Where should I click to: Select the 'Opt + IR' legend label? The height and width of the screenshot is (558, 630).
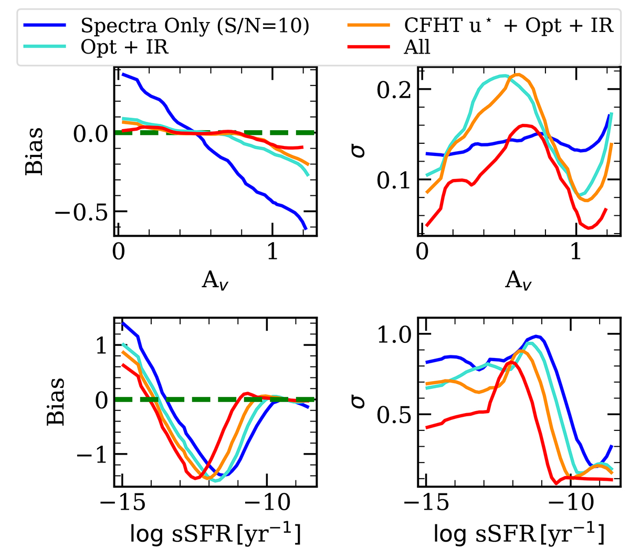[x=124, y=47]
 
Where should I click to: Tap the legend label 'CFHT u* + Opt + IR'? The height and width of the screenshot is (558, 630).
[x=508, y=25]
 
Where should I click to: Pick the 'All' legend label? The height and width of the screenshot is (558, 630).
[x=417, y=47]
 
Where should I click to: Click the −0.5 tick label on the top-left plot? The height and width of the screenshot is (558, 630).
[x=84, y=212]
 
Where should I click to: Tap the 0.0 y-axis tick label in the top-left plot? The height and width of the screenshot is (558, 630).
[x=91, y=133]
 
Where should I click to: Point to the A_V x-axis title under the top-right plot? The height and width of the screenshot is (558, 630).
[x=519, y=281]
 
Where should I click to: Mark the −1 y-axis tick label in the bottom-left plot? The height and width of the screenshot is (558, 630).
[x=92, y=455]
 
